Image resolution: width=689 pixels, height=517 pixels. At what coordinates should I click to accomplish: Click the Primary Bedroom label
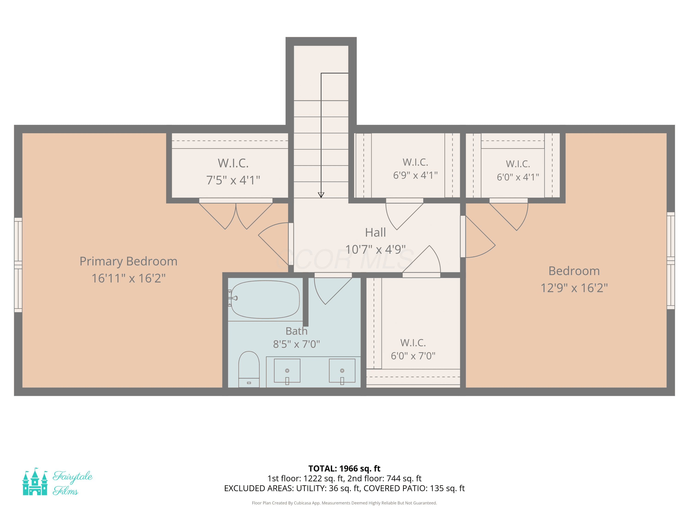tap(128, 261)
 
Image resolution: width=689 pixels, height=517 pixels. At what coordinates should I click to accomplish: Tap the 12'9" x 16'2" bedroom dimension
tap(574, 288)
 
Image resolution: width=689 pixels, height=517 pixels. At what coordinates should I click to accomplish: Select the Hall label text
tap(375, 233)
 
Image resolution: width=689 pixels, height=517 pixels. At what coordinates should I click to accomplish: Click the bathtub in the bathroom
tap(265, 299)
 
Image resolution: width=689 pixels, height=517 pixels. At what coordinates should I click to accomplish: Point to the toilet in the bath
tap(249, 369)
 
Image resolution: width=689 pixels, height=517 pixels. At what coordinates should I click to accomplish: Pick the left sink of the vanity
tap(287, 371)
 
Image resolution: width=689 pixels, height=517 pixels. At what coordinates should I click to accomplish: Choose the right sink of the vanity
tap(342, 371)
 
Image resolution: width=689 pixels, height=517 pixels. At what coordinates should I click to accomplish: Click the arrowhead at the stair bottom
tap(321, 195)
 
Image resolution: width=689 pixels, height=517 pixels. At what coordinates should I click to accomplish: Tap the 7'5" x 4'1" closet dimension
tap(233, 180)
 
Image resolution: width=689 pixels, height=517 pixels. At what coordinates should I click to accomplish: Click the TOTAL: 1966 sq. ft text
tap(344, 469)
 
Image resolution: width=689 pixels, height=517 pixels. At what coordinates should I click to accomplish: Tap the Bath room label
tap(296, 331)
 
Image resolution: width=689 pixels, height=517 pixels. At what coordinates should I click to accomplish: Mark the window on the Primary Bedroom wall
tap(18, 265)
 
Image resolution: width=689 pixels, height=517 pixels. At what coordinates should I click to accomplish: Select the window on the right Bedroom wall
tap(671, 261)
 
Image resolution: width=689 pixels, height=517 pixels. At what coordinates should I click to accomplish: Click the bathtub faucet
tap(233, 298)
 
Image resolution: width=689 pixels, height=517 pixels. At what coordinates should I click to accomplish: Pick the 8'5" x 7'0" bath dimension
tap(296, 344)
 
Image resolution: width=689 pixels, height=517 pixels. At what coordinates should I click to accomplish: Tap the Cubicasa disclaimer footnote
tap(344, 503)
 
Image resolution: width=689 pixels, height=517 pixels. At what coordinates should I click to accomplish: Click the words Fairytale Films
tap(72, 483)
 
